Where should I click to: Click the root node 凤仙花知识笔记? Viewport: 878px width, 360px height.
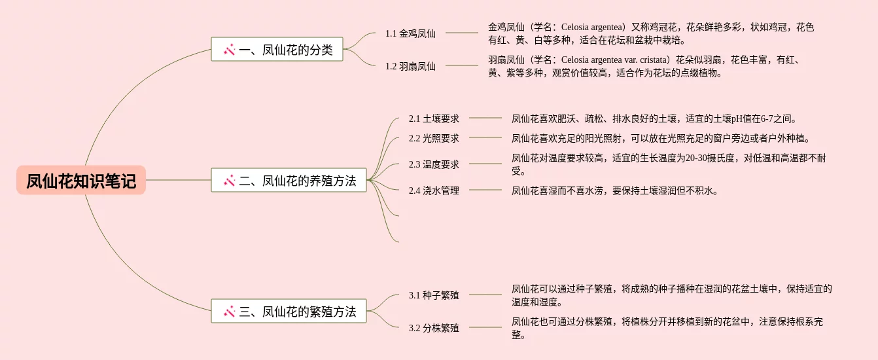[81, 180]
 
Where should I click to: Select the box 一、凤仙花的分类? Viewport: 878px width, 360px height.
[277, 49]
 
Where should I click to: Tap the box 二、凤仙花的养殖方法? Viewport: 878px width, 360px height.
[289, 180]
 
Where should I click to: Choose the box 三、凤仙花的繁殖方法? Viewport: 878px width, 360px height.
[289, 311]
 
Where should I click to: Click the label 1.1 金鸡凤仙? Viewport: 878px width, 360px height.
[410, 33]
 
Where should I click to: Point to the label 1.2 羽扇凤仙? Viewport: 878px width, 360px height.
[410, 65]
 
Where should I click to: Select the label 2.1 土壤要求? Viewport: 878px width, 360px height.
[434, 118]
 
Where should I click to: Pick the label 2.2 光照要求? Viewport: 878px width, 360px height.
[434, 138]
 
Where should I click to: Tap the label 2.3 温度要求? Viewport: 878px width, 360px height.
[434, 164]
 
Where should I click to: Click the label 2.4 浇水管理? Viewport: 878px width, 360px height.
[434, 190]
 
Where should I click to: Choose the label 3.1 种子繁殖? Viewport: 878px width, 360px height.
[434, 295]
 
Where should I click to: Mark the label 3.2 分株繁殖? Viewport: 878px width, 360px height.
[434, 328]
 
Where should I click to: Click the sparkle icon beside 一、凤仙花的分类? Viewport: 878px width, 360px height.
[229, 49]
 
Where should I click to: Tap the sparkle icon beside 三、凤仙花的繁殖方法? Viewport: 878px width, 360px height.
[229, 312]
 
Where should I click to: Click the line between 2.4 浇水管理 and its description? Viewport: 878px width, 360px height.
[485, 190]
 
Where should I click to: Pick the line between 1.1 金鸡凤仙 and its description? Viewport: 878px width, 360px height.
[461, 33]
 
